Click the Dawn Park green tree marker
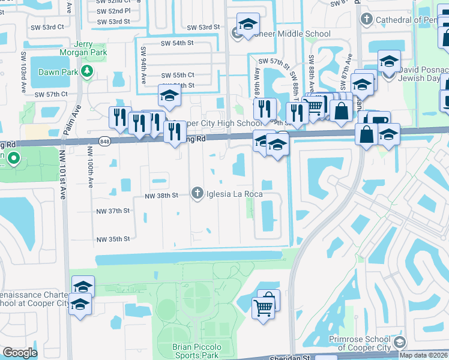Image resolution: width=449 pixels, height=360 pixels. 87,71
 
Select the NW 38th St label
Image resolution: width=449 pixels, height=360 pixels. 161,195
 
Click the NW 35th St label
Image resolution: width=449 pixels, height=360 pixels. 113,239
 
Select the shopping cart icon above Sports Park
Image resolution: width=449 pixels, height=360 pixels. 263,308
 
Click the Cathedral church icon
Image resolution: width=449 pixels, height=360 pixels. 366,20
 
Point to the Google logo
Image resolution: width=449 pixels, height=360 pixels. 20,352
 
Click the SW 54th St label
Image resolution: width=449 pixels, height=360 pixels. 176,43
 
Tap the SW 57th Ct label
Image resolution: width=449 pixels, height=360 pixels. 51,94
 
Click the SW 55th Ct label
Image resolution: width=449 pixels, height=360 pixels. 178,74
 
